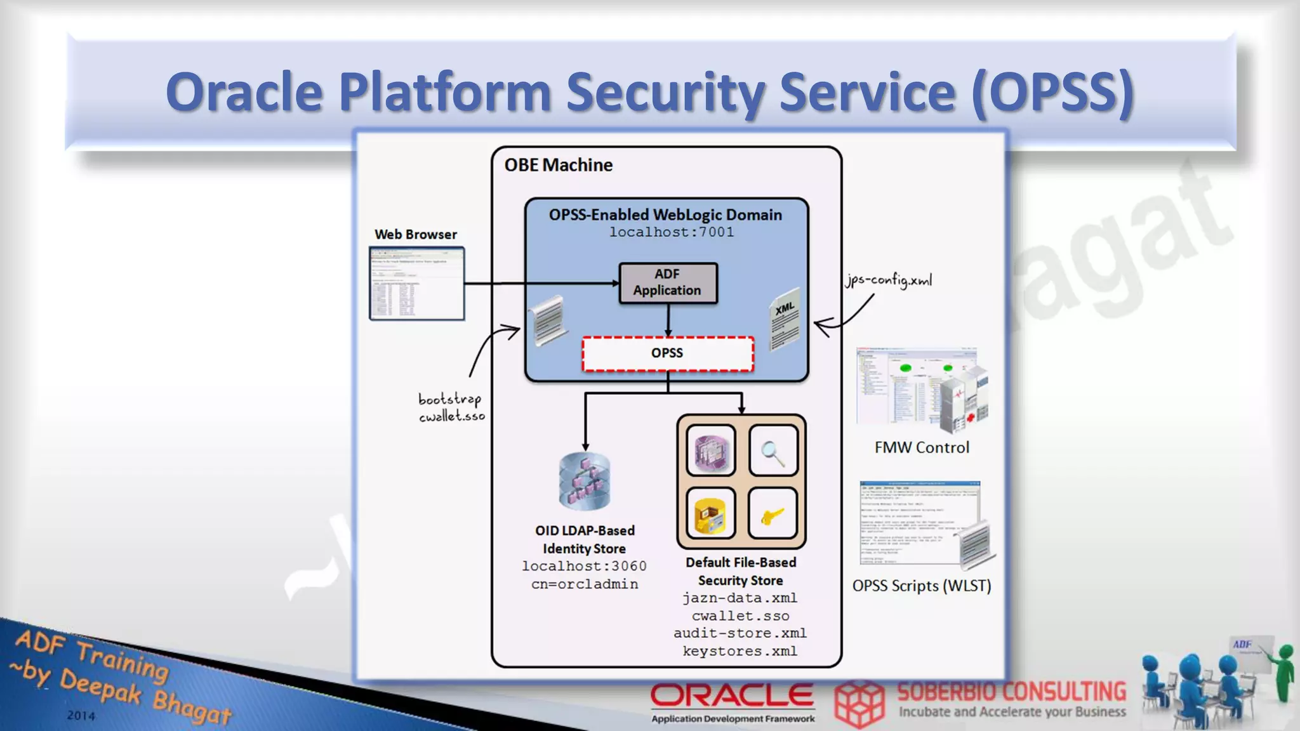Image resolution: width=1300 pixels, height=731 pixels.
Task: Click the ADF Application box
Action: [668, 282]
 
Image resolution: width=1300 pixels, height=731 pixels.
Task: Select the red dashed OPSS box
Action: [668, 353]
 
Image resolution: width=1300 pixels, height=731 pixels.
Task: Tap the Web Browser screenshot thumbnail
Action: [416, 283]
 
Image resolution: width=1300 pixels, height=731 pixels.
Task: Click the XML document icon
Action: [785, 319]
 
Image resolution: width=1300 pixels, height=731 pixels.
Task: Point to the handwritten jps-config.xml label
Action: [889, 280]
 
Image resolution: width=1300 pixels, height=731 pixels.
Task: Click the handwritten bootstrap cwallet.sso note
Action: [451, 407]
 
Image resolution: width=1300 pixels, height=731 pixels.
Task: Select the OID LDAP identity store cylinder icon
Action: [585, 481]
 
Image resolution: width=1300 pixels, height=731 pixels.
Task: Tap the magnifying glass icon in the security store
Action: [773, 451]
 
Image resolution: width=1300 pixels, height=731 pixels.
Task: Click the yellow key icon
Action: [773, 513]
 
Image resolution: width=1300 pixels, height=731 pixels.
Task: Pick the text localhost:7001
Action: [672, 232]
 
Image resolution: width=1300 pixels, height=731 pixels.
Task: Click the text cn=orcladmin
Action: [585, 584]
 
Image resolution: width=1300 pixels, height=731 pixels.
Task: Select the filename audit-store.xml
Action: [740, 633]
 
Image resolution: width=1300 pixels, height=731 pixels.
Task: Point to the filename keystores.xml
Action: [740, 651]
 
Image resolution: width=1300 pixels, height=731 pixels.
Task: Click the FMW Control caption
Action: [922, 447]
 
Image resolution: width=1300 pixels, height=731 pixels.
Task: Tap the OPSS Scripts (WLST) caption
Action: [922, 586]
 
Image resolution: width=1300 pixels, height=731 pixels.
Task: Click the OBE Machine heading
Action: [559, 165]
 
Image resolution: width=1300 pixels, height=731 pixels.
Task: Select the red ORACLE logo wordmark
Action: [732, 696]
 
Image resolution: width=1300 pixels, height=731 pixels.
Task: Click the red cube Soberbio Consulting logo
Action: [859, 703]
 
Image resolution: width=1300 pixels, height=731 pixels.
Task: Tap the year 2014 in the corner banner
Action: [81, 716]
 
